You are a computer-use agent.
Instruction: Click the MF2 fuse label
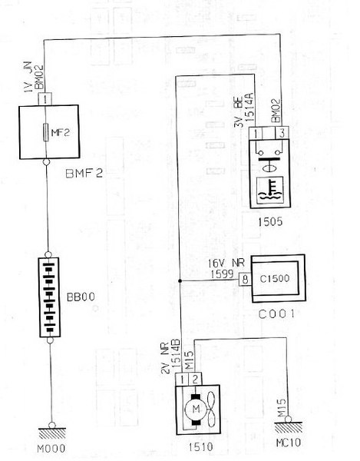click(61, 133)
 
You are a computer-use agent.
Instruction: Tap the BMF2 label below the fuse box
click(84, 174)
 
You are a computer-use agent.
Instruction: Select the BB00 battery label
click(81, 297)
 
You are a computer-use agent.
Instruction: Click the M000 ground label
click(51, 449)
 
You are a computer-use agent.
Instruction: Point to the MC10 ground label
click(289, 443)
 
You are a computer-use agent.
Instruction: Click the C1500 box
click(278, 278)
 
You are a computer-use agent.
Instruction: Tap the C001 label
click(276, 314)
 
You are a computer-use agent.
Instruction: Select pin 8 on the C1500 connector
click(245, 279)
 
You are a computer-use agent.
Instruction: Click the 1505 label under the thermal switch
click(270, 221)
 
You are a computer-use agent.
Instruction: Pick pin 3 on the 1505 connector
click(282, 133)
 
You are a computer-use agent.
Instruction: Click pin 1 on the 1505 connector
click(256, 133)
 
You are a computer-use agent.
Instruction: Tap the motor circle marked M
click(196, 409)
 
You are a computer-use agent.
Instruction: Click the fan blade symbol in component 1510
click(211, 409)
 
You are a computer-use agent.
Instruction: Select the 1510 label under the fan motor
click(200, 447)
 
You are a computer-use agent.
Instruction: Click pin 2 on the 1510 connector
click(195, 379)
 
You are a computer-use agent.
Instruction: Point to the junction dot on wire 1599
click(180, 281)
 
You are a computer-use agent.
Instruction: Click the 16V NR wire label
click(226, 263)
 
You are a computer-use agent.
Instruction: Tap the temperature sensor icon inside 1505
click(270, 191)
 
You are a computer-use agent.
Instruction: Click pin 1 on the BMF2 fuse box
click(45, 99)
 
